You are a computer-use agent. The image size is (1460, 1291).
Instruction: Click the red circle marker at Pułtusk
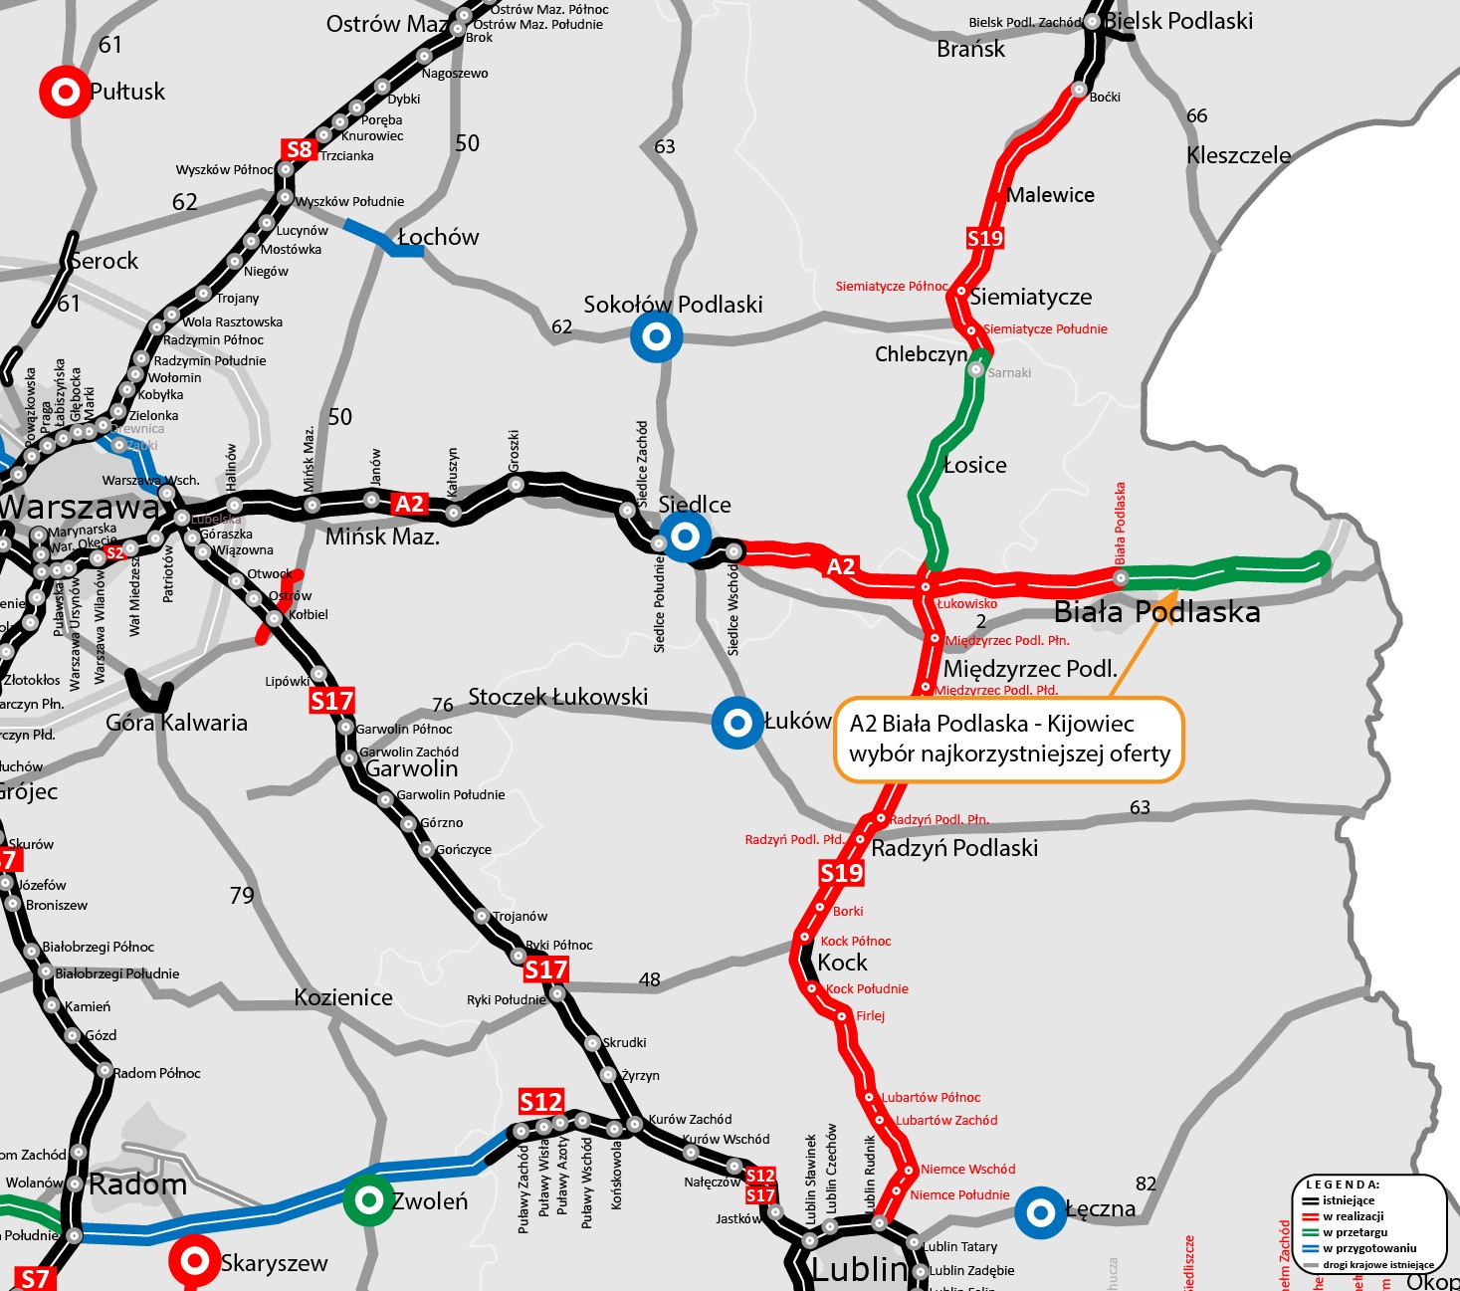click(65, 93)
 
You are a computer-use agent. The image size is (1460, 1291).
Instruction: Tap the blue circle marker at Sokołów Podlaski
click(656, 336)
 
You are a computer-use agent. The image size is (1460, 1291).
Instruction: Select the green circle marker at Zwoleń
click(368, 1200)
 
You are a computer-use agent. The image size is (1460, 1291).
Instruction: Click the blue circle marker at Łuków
click(737, 723)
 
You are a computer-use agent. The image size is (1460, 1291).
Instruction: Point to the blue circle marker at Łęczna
click(1041, 1212)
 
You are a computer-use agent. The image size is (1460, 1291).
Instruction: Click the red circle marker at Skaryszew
click(194, 1262)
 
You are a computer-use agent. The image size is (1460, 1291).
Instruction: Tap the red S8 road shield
click(299, 149)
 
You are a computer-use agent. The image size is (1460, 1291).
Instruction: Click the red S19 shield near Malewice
click(985, 238)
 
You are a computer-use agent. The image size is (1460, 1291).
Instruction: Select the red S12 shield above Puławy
click(540, 1102)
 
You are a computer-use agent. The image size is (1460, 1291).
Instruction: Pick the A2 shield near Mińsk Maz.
click(409, 504)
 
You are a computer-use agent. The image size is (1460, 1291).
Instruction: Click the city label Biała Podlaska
click(1156, 611)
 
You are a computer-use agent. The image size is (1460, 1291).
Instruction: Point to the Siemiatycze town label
click(1031, 297)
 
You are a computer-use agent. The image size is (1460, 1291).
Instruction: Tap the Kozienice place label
click(343, 997)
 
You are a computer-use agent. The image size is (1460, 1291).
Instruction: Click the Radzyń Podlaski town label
click(954, 848)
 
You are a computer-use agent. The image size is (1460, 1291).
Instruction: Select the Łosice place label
click(975, 465)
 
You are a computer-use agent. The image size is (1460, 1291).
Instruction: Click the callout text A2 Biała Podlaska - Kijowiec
click(991, 724)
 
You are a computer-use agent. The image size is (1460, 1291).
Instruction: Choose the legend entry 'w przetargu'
click(1355, 1232)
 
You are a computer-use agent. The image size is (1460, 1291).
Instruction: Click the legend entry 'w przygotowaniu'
click(1368, 1248)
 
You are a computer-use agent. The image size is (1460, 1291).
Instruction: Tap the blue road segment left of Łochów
click(381, 237)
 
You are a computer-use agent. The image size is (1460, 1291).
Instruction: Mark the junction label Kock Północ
click(856, 941)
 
